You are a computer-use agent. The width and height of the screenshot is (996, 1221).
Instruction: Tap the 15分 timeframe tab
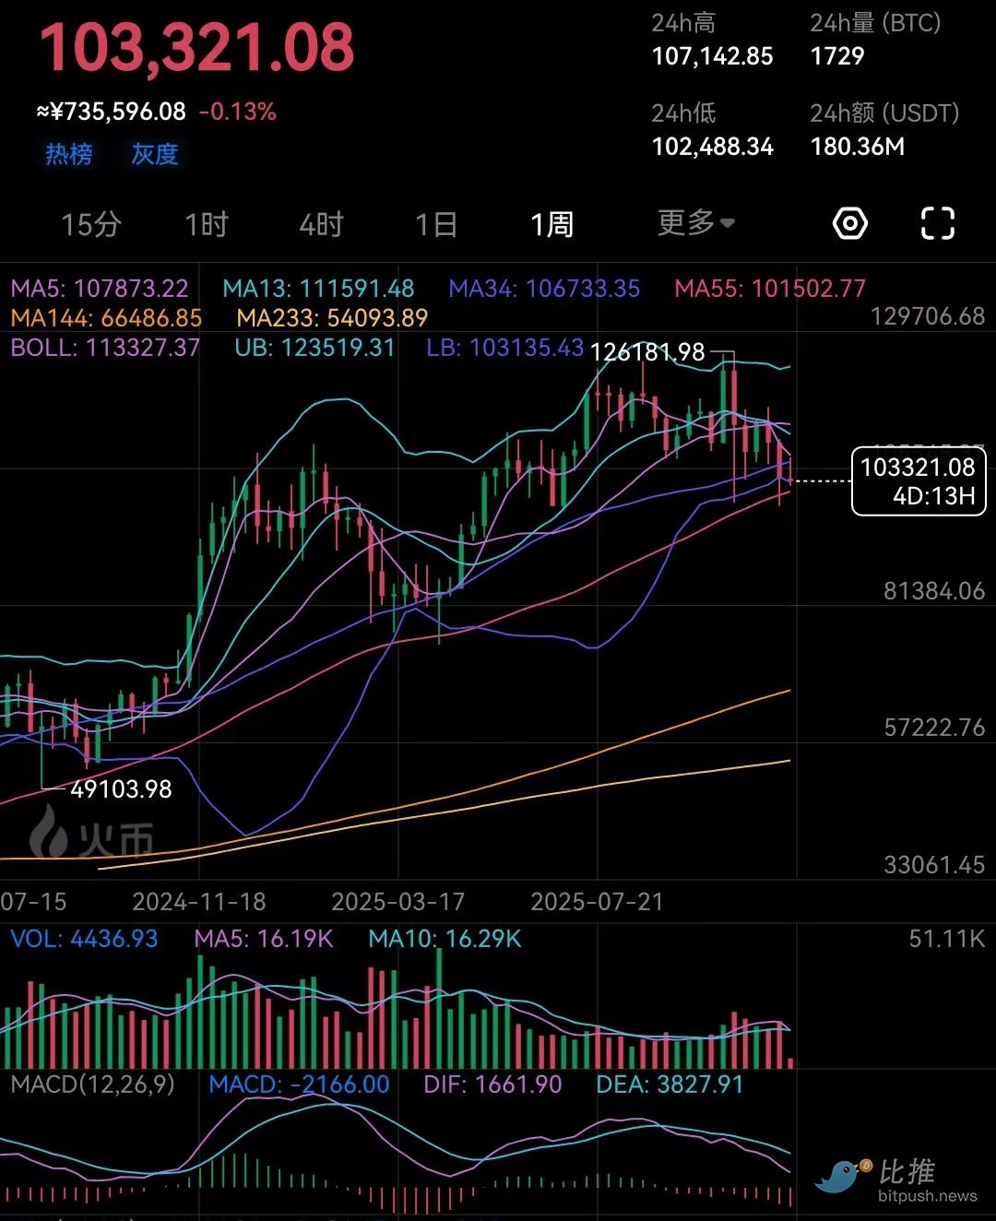click(91, 224)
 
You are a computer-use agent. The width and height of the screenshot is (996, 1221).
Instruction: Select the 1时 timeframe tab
click(206, 224)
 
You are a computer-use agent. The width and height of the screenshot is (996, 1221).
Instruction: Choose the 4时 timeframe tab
click(321, 224)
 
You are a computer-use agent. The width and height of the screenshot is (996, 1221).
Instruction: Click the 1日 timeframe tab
click(436, 224)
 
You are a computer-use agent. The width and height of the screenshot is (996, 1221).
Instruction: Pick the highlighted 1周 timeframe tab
click(551, 224)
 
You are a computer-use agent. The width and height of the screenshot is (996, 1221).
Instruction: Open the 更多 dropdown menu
click(695, 222)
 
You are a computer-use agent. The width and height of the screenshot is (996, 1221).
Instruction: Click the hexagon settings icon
click(849, 223)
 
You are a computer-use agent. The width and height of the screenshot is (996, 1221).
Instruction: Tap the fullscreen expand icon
click(938, 223)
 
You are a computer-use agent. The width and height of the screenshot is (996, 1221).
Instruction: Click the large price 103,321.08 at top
click(196, 48)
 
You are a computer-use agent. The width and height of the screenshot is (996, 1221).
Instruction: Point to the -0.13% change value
click(238, 112)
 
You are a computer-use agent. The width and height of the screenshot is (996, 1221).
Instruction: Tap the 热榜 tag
click(69, 154)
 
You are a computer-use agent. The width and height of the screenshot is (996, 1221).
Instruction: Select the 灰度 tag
click(154, 154)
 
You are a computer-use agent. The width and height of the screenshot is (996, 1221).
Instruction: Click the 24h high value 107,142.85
click(712, 56)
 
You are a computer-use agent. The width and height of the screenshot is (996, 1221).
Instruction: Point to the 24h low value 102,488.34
click(712, 147)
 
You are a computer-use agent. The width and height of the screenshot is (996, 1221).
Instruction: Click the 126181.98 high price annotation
click(646, 352)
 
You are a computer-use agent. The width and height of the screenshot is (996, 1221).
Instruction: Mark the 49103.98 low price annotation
click(121, 789)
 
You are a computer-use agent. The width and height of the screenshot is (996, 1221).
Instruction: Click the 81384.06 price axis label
click(933, 591)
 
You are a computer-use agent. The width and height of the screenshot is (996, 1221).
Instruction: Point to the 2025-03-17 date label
click(397, 902)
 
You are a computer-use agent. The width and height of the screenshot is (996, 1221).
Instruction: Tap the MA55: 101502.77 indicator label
click(770, 289)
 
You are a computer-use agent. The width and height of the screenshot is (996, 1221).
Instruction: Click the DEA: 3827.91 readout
click(670, 1085)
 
